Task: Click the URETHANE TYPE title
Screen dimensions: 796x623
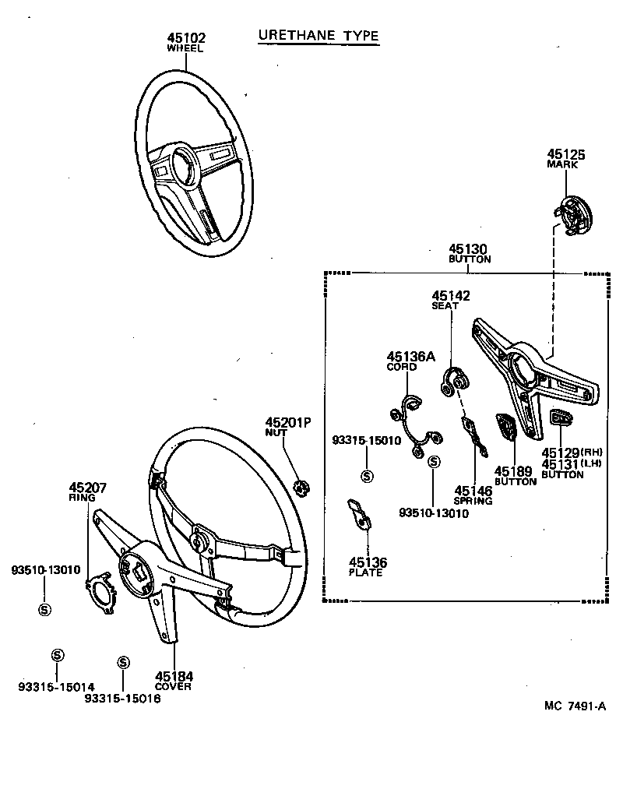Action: click(318, 36)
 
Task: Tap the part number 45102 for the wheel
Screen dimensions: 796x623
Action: click(185, 37)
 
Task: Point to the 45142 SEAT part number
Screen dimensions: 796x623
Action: click(451, 296)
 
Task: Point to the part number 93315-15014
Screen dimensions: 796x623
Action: click(57, 686)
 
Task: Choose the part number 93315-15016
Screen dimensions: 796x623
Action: click(122, 699)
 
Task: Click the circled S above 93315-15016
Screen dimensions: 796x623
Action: click(122, 662)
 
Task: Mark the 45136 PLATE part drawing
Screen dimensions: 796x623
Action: click(358, 515)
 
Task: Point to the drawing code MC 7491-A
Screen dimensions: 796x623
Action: click(575, 706)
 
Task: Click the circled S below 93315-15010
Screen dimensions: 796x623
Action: click(367, 475)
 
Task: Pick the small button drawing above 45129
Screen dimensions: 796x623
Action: click(561, 418)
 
